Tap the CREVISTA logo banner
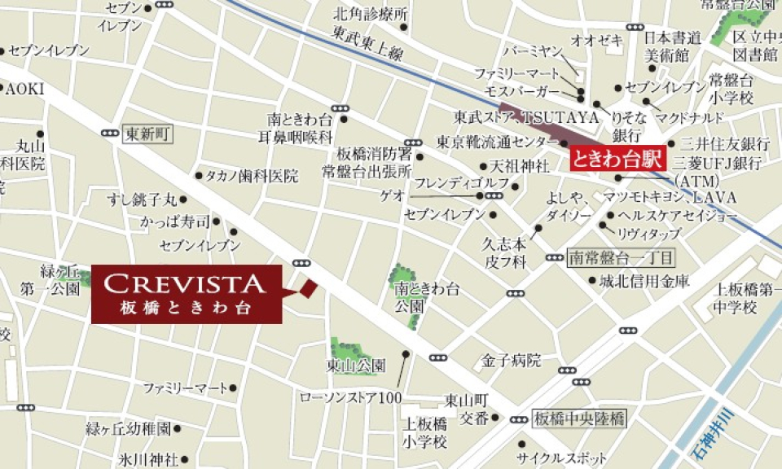pyautogui.click(x=186, y=294)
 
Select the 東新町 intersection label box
pyautogui.click(x=147, y=134)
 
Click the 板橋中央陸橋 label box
pyautogui.click(x=578, y=419)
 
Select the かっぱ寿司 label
pyautogui.click(x=174, y=221)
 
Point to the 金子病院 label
pyautogui.click(x=512, y=359)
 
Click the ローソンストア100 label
pyautogui.click(x=351, y=397)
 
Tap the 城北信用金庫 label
pyautogui.click(x=644, y=281)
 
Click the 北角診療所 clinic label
pyautogui.click(x=370, y=14)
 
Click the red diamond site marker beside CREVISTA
pyautogui.click(x=308, y=287)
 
